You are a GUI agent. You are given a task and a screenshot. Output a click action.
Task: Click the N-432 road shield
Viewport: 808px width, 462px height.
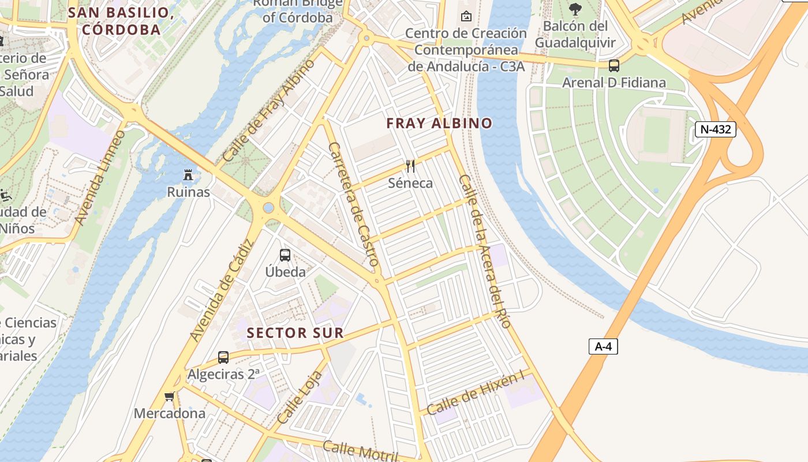click(x=715, y=129)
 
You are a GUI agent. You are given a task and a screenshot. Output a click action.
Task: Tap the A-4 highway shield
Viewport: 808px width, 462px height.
click(x=603, y=346)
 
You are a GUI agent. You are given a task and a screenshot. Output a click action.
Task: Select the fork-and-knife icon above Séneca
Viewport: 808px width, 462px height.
click(x=410, y=166)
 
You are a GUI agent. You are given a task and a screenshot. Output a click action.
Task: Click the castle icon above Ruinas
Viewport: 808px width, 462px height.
click(x=188, y=174)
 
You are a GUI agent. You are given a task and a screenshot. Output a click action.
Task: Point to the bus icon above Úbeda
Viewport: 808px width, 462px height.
click(x=285, y=255)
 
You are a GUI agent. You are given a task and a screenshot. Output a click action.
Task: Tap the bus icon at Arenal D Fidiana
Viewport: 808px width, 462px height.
click(x=614, y=66)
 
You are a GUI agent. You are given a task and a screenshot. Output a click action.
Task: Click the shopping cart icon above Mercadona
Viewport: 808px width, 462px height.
click(x=170, y=396)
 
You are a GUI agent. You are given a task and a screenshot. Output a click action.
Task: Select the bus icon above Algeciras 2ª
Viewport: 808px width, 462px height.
click(x=223, y=357)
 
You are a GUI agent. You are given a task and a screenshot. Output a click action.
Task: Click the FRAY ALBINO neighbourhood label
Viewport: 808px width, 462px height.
click(x=439, y=123)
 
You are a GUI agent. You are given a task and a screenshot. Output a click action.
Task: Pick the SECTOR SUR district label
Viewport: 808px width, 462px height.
click(x=295, y=333)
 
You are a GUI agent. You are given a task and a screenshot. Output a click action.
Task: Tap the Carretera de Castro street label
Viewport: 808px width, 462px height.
click(x=353, y=204)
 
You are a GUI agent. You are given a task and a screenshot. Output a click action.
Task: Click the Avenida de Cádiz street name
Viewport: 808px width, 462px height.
click(x=222, y=291)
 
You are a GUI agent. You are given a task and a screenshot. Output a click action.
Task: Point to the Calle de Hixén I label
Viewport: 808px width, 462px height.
click(x=476, y=392)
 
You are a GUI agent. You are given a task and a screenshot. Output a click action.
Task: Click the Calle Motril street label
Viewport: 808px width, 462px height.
click(x=360, y=450)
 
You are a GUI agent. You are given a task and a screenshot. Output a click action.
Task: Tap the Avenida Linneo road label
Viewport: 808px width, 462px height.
click(x=99, y=178)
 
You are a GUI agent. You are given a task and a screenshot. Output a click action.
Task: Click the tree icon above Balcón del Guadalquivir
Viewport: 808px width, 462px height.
click(x=575, y=9)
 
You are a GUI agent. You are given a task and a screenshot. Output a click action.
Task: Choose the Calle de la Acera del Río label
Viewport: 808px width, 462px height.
click(x=485, y=251)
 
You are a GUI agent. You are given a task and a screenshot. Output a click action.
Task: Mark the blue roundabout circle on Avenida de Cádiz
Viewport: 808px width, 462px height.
click(x=268, y=207)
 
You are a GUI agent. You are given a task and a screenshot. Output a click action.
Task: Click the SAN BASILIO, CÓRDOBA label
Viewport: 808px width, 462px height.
click(x=121, y=21)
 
